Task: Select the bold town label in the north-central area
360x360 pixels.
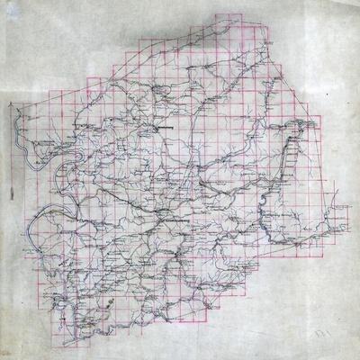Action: point(165,128)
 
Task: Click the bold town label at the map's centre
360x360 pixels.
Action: point(171,217)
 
